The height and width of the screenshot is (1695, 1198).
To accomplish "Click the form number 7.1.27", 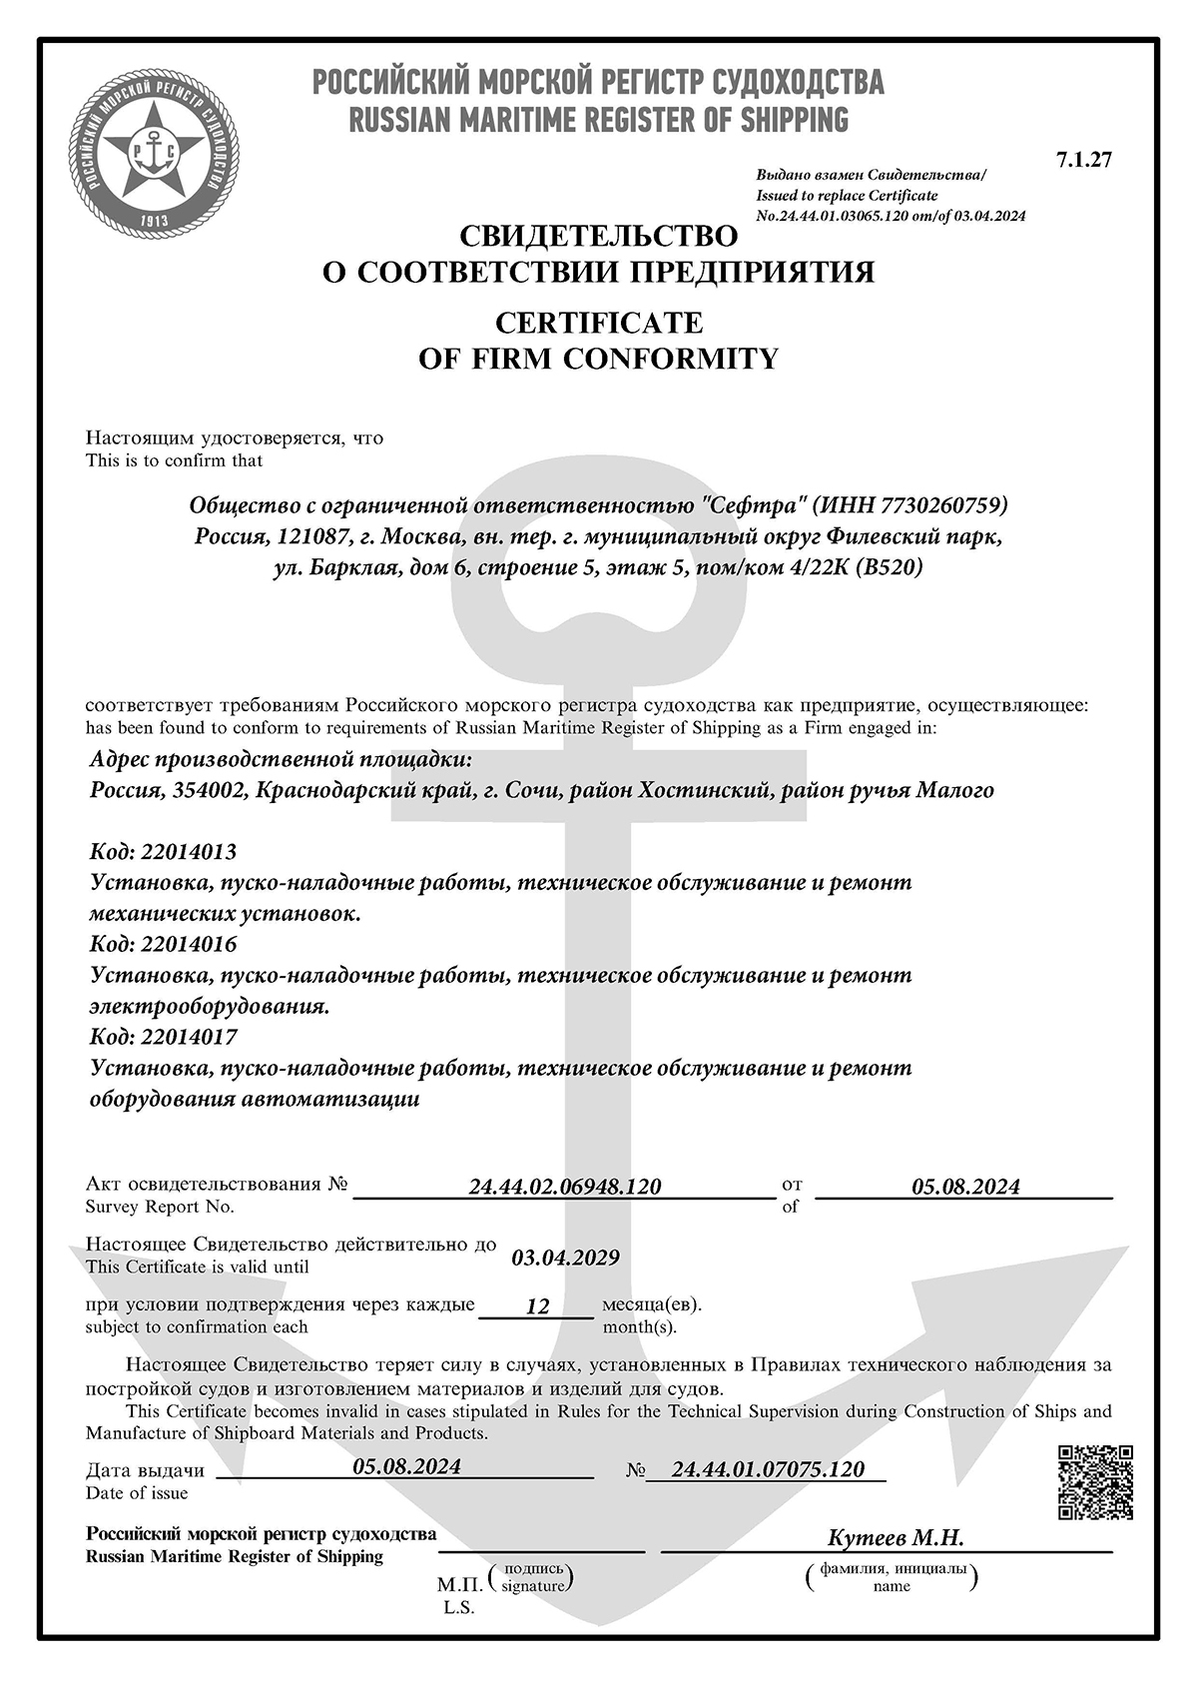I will pyautogui.click(x=1083, y=160).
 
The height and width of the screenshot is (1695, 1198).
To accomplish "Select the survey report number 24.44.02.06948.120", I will pyautogui.click(x=565, y=1187).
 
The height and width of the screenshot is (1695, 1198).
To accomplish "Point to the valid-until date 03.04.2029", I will pyautogui.click(x=565, y=1258).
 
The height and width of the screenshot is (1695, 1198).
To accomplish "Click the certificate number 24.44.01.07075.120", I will pyautogui.click(x=768, y=1469).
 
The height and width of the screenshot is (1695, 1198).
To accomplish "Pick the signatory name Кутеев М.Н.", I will pyautogui.click(x=896, y=1538).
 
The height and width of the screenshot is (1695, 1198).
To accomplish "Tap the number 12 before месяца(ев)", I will pyautogui.click(x=537, y=1305).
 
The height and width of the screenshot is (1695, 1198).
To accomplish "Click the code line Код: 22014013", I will pyautogui.click(x=163, y=852).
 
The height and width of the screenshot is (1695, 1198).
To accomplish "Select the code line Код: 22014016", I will pyautogui.click(x=163, y=944).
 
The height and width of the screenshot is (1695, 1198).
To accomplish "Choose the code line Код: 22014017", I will pyautogui.click(x=163, y=1037).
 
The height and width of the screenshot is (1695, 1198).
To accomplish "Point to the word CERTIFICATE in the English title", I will pyautogui.click(x=599, y=323).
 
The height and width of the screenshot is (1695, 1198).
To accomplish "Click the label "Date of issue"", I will pyautogui.click(x=137, y=1493).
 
